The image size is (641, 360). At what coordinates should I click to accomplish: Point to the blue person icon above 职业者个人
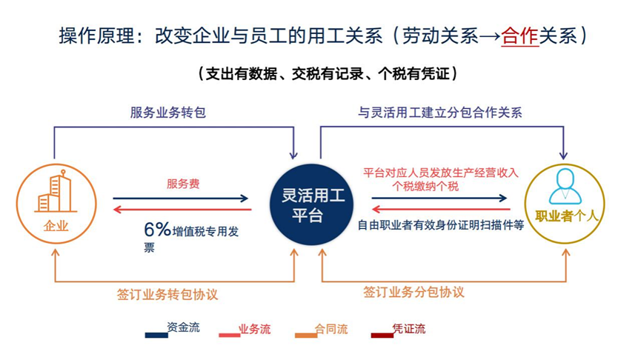565,186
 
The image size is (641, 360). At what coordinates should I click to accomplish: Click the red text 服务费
183,184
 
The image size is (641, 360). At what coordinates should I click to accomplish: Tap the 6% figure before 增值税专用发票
157,230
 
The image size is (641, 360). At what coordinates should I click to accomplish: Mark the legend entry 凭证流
409,329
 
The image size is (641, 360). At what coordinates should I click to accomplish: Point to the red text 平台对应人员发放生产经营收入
440,173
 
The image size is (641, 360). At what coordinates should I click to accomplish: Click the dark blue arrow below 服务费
182,199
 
